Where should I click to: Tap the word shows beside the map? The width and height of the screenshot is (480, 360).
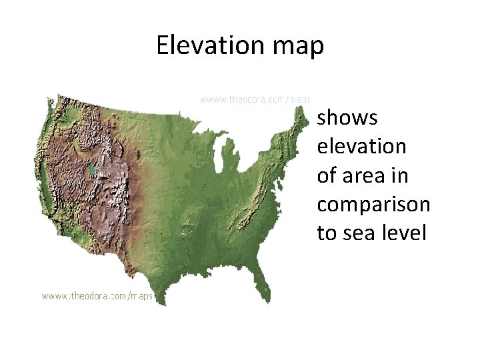(x=347, y=118)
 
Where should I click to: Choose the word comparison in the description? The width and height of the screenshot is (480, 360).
(x=373, y=205)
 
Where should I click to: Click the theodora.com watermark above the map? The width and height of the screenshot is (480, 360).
(x=256, y=99)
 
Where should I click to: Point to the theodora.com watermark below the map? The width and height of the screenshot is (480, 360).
(x=97, y=295)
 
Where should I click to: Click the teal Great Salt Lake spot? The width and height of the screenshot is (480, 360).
(x=91, y=171)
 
